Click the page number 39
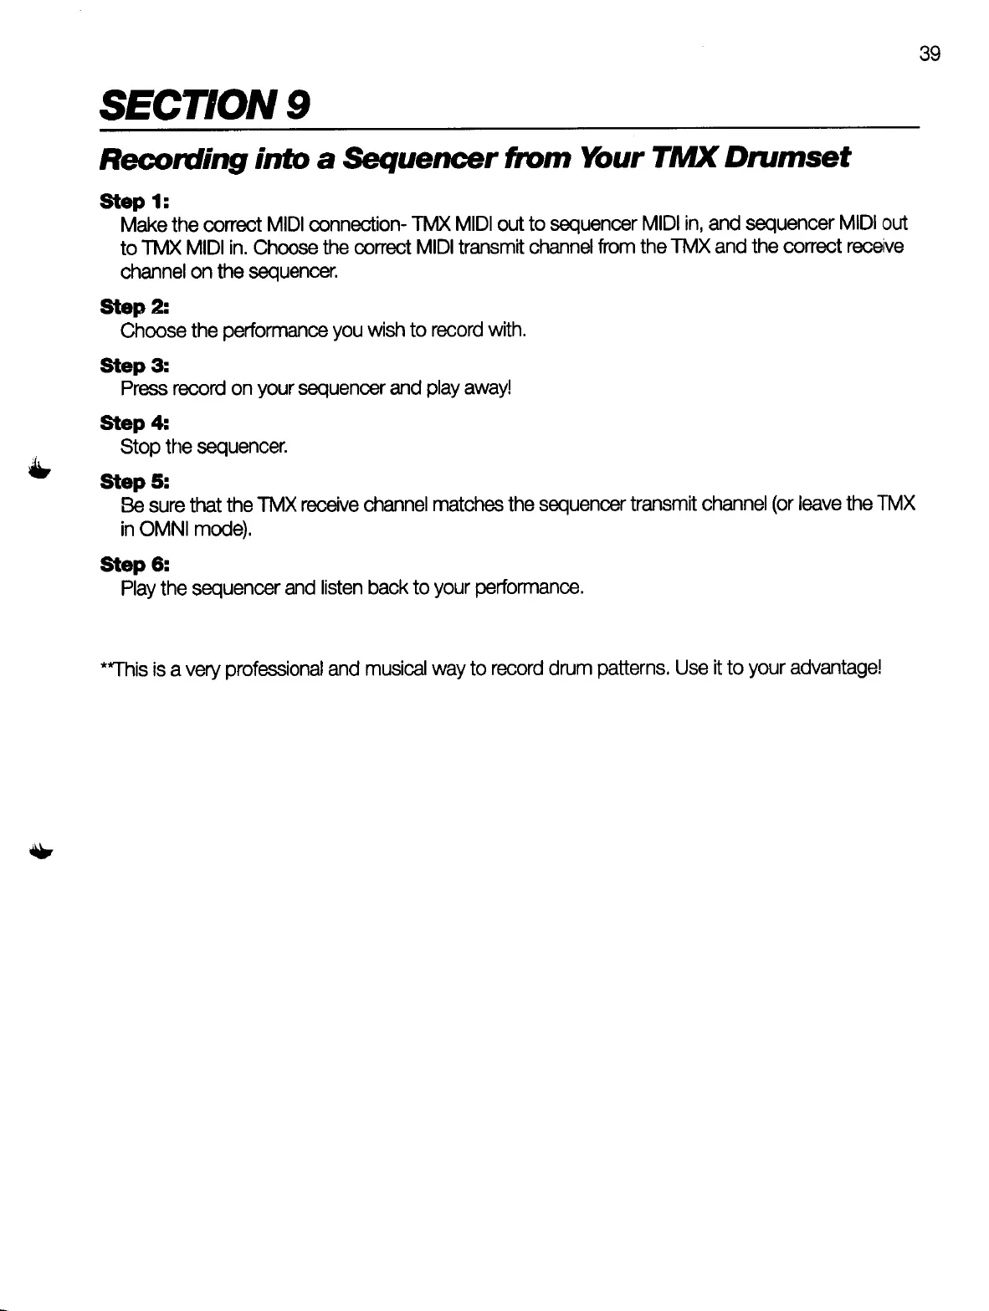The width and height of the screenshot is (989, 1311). pos(930,55)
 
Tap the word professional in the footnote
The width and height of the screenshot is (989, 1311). pos(275,669)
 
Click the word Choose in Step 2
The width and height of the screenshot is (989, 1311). pos(153,330)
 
